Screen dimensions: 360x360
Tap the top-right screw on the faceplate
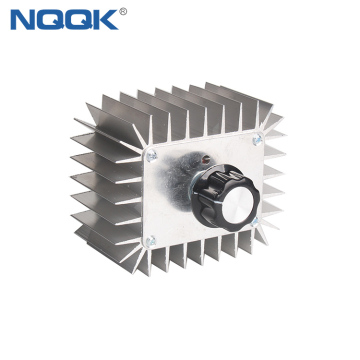pos(257,139)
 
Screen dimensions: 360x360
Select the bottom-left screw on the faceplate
pos(151,240)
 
